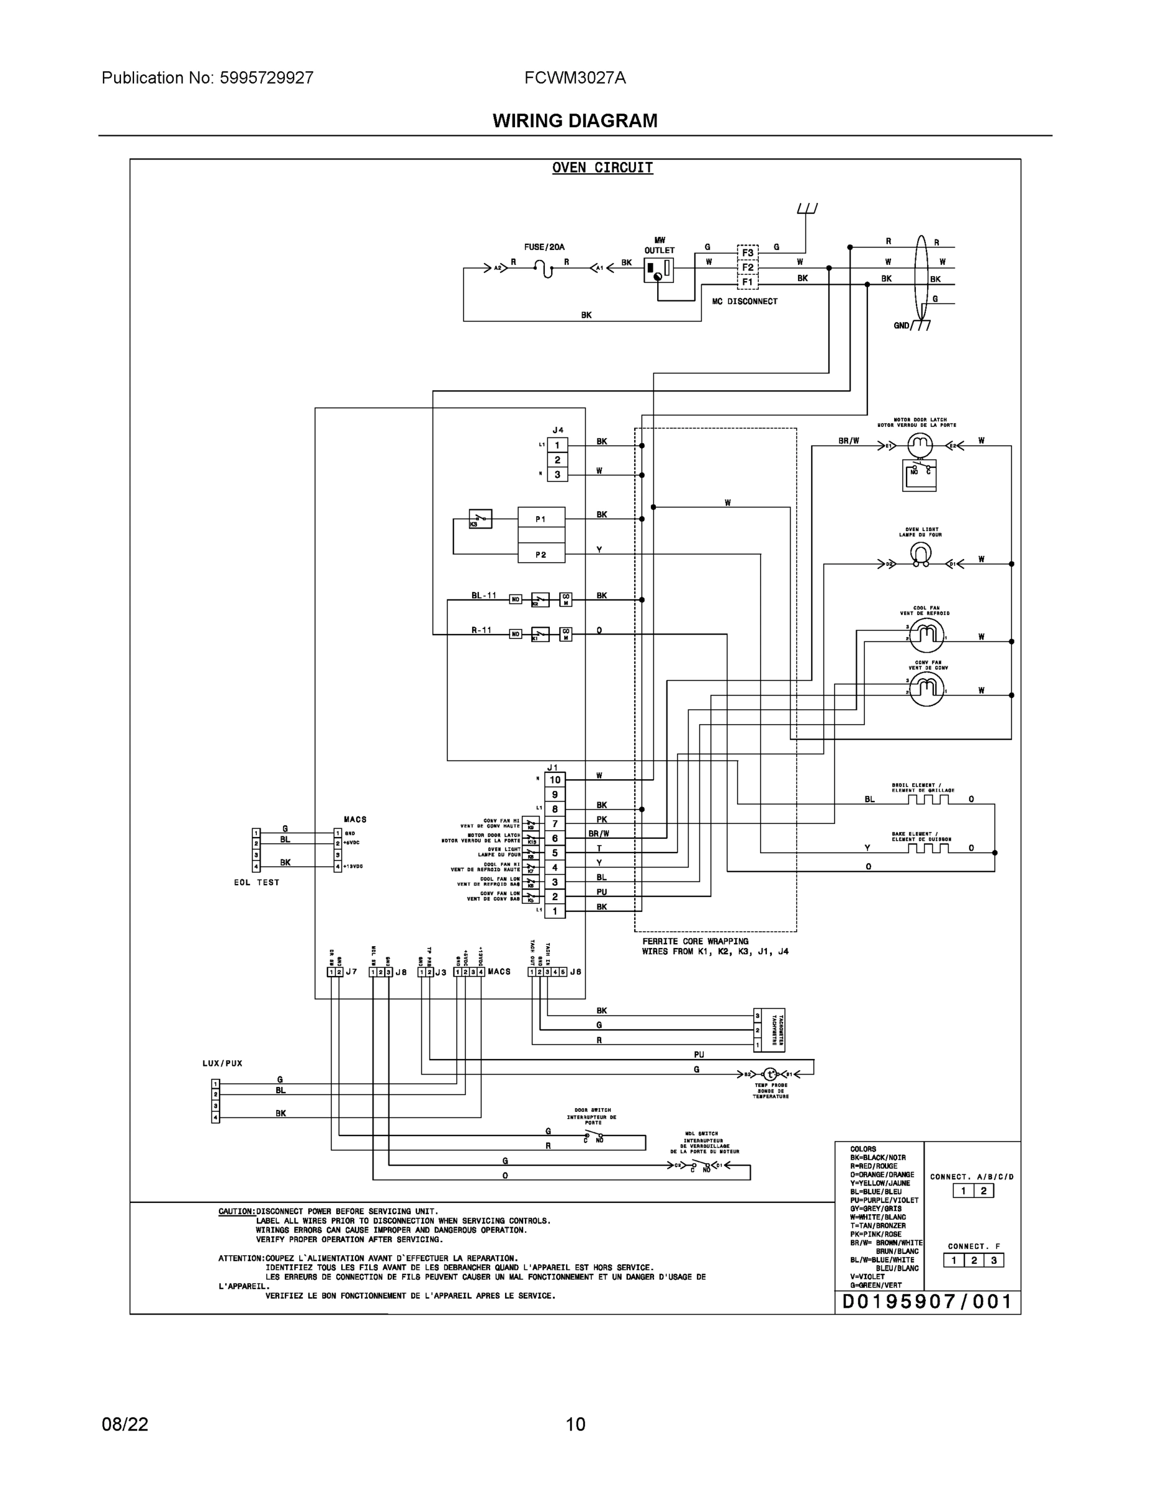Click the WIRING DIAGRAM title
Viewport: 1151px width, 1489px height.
575,121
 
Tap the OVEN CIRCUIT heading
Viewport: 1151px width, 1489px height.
602,168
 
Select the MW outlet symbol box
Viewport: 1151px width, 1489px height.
659,270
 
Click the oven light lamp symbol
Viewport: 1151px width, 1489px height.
921,555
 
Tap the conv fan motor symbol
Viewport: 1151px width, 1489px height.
926,690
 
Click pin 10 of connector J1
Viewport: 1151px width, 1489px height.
555,780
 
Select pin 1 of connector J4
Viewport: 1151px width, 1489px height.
557,446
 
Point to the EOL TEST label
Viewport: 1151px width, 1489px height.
256,882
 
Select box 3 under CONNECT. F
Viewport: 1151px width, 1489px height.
993,1260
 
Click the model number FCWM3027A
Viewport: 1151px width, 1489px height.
575,78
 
